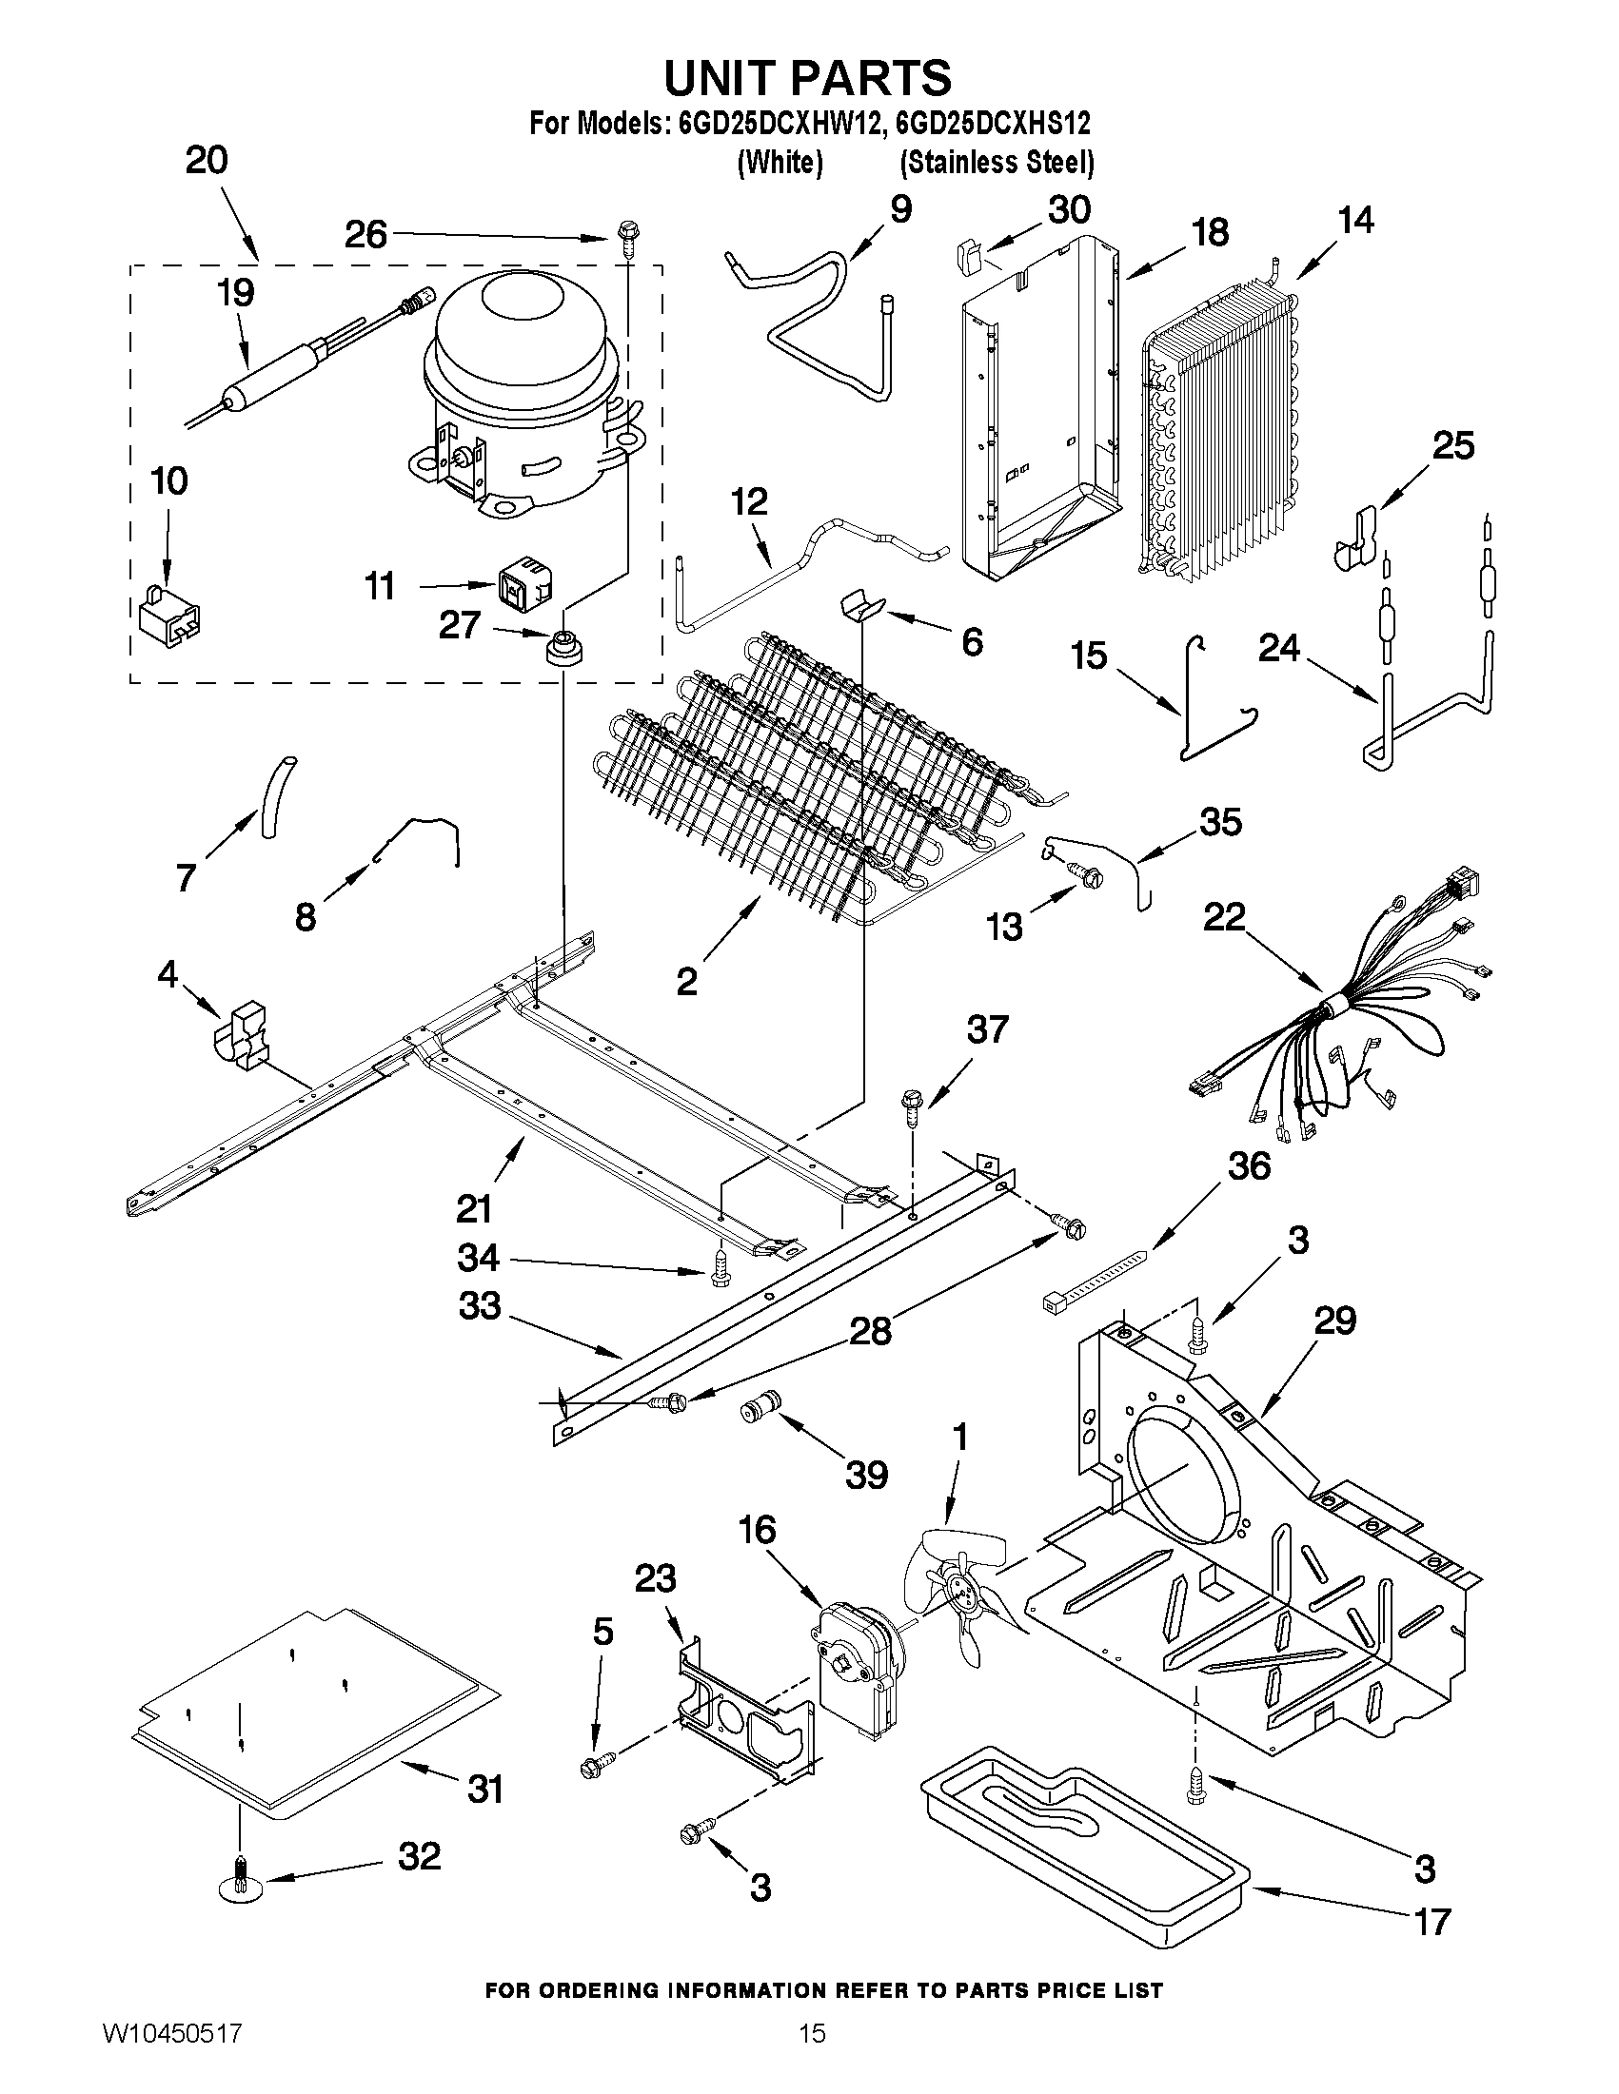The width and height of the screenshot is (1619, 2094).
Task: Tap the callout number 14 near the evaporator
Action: coord(1355,221)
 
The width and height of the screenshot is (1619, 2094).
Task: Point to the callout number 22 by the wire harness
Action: coord(1224,917)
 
